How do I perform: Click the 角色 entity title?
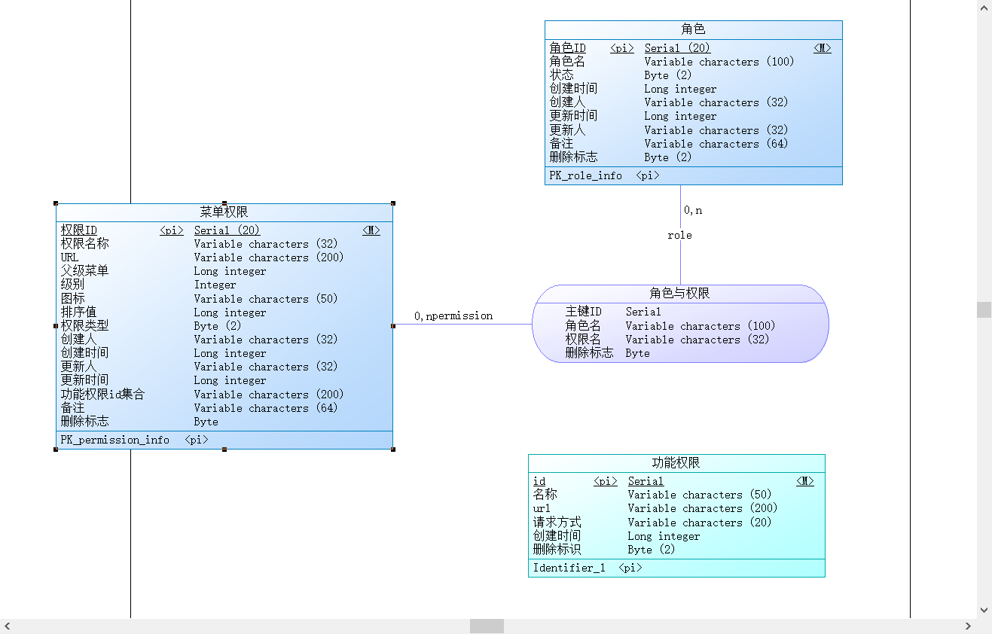click(x=693, y=29)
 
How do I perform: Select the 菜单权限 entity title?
click(x=224, y=212)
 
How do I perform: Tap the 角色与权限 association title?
click(x=679, y=294)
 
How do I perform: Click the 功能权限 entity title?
click(x=676, y=463)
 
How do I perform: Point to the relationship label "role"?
click(x=679, y=235)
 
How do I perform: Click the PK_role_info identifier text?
click(x=585, y=175)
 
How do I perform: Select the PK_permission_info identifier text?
click(x=114, y=440)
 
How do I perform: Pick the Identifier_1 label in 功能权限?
click(x=569, y=568)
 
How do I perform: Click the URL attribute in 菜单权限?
click(x=69, y=258)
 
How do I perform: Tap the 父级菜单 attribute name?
click(x=84, y=271)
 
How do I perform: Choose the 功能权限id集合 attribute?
click(x=102, y=395)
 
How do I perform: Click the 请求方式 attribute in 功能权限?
click(x=557, y=523)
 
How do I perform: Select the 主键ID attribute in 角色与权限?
click(x=583, y=312)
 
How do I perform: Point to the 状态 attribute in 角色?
click(x=561, y=75)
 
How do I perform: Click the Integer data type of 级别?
click(x=215, y=285)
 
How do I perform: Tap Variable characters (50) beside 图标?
click(x=266, y=299)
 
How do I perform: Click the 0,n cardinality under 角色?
click(x=693, y=210)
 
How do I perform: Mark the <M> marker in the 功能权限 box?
click(x=805, y=481)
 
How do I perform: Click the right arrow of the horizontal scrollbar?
click(x=968, y=626)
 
